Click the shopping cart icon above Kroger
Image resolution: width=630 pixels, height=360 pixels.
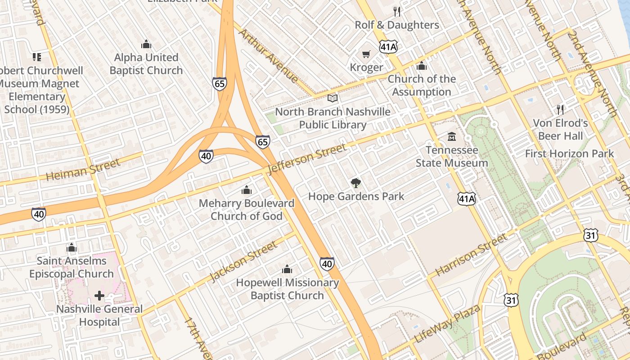click(x=366, y=54)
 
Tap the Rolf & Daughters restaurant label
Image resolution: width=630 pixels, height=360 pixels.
click(x=397, y=25)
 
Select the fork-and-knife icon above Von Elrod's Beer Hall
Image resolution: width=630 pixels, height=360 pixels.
click(x=560, y=109)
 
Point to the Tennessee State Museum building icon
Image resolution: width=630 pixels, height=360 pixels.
click(x=451, y=136)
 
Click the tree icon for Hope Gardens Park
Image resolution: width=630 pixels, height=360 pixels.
click(x=356, y=183)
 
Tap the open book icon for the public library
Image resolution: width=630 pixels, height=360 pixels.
click(x=333, y=98)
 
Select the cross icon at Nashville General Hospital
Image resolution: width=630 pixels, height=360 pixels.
click(x=99, y=296)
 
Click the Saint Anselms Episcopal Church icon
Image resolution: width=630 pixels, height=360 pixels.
click(x=72, y=247)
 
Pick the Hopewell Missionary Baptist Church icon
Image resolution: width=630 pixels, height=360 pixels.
click(x=287, y=270)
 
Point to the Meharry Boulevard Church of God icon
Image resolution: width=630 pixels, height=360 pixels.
click(x=247, y=190)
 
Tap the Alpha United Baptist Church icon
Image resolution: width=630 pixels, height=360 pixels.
click(x=146, y=44)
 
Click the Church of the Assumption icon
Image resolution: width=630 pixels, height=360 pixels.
click(x=422, y=66)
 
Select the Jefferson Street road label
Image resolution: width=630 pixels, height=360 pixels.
click(x=307, y=158)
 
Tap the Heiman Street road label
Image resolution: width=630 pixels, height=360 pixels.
click(x=83, y=170)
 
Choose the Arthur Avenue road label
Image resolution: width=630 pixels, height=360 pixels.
click(x=268, y=56)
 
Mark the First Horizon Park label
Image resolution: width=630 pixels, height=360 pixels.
click(x=569, y=153)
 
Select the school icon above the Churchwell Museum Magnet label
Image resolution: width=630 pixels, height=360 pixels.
click(x=37, y=57)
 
